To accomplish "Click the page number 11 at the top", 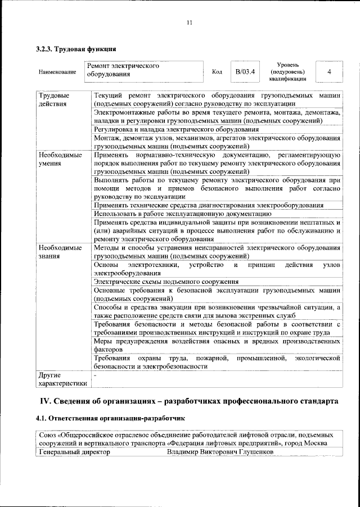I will (189, 22).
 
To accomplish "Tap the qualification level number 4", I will (329, 73).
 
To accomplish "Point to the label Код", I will (217, 73).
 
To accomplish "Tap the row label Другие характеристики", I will (62, 379).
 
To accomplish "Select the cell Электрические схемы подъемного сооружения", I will (166, 282).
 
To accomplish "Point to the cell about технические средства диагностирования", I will (209, 205).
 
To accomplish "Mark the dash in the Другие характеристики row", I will (96, 375).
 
